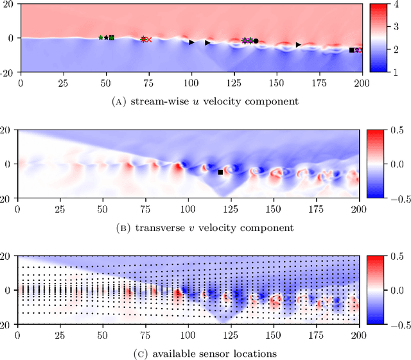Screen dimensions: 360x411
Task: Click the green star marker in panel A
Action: pyautogui.click(x=101, y=38)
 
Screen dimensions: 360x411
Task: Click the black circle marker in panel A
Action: pyautogui.click(x=256, y=40)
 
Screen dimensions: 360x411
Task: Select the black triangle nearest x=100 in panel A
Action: pyautogui.click(x=191, y=42)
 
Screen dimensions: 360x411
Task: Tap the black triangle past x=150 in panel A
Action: pyautogui.click(x=298, y=44)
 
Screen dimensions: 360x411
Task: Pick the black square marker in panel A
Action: pyautogui.click(x=351, y=49)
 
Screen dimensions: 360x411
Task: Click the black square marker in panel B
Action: pyautogui.click(x=220, y=172)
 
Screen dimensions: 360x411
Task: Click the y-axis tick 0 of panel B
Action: pyautogui.click(x=10, y=165)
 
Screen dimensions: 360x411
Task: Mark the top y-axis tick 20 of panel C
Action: pyautogui.click(x=7, y=255)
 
